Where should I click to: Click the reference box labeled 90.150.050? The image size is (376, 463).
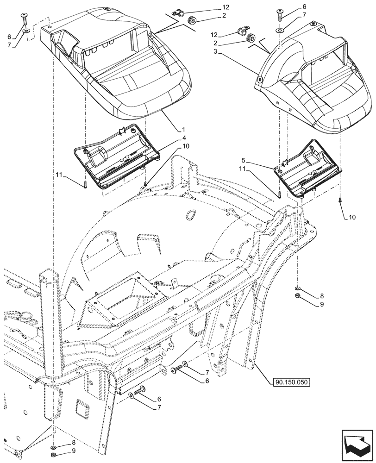[289, 382]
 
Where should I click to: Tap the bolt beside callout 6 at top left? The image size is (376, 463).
[25, 19]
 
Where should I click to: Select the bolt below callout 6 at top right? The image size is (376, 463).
[281, 17]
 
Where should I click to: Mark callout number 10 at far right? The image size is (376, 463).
[352, 217]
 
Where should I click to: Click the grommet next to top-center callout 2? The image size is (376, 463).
[191, 20]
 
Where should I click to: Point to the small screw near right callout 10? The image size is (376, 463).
[340, 200]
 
